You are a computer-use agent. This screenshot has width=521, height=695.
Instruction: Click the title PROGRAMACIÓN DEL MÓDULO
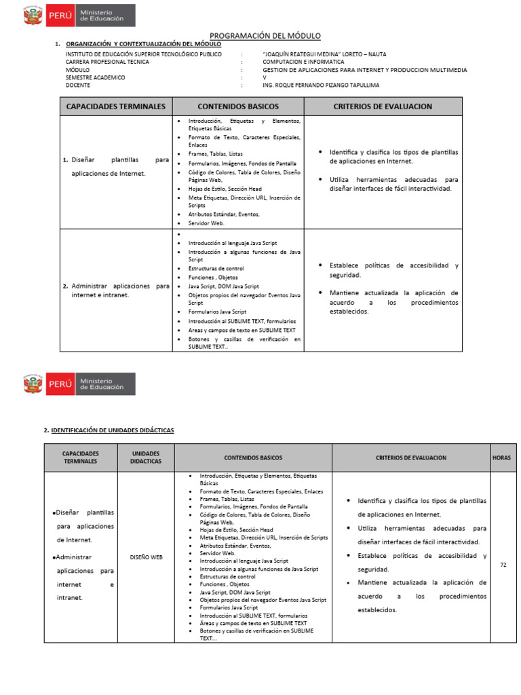click(x=265, y=35)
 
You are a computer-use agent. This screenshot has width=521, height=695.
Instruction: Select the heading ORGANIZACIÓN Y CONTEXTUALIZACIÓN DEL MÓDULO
click(x=143, y=44)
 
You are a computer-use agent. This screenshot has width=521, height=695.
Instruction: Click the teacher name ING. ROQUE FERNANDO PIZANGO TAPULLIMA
click(x=321, y=86)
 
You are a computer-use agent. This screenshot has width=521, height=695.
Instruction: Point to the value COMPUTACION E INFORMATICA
click(x=303, y=62)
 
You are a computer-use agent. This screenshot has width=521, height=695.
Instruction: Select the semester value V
click(x=265, y=77)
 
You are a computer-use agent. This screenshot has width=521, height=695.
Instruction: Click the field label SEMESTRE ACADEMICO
click(x=95, y=77)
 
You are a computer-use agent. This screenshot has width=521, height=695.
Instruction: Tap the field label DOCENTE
click(x=78, y=86)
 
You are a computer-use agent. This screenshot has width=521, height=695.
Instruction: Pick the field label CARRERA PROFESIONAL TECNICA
click(x=107, y=62)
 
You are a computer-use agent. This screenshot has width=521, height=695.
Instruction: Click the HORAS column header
click(x=501, y=458)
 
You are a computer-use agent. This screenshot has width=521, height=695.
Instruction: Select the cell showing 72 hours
click(x=503, y=565)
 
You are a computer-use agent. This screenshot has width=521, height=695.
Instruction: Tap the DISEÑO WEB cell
click(x=146, y=557)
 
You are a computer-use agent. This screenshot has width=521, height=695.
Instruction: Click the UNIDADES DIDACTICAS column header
click(x=146, y=457)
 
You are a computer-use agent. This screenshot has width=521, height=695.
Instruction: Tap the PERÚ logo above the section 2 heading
click(x=78, y=384)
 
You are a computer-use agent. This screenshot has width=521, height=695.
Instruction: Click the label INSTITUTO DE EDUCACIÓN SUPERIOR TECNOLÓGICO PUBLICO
click(x=143, y=54)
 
